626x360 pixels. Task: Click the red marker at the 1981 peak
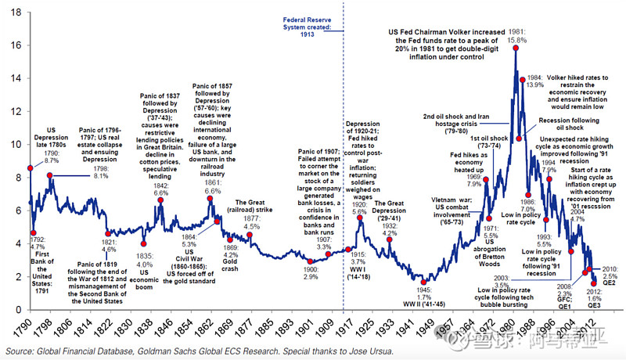(x=516, y=48)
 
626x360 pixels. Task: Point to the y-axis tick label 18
(x=15, y=12)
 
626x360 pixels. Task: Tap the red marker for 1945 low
(x=424, y=283)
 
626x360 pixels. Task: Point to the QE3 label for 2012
(x=595, y=306)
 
